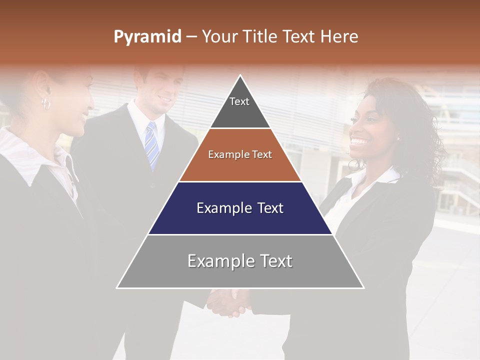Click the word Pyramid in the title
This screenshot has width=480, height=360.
click(147, 37)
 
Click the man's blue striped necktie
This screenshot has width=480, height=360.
click(151, 142)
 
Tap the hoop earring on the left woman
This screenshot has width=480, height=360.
click(46, 104)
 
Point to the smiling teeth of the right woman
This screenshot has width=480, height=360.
click(358, 141)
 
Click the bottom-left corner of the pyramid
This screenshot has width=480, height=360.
click(117, 287)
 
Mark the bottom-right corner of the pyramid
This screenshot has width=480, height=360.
click(363, 287)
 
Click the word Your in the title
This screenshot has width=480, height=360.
click(218, 36)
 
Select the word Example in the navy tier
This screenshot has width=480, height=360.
click(223, 208)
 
